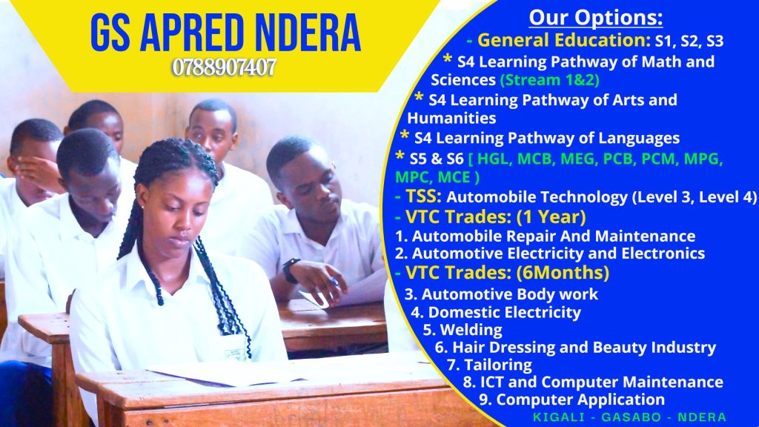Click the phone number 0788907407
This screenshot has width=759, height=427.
coord(224,67)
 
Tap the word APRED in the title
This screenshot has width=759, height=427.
coord(193,33)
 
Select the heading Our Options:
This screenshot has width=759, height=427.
coord(595,18)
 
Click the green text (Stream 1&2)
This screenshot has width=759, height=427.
coord(549,79)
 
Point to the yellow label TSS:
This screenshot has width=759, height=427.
coord(418,196)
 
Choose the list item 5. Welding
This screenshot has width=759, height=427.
coord(463,330)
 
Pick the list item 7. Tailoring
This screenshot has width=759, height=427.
coord(489,365)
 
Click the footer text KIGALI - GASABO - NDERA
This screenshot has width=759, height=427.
coord(629,417)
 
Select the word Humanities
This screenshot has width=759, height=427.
coord(451,118)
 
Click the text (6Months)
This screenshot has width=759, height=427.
coord(563,273)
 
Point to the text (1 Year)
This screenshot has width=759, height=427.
coord(551,217)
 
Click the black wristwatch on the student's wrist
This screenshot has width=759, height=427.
coord(290,270)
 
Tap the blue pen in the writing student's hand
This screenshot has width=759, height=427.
coord(334,281)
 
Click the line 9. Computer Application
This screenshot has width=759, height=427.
coord(571,400)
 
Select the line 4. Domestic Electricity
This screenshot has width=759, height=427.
coord(496,312)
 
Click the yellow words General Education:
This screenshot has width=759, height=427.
coord(564,40)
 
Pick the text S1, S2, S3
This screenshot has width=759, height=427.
coord(689,42)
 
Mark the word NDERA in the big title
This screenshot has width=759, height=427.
coord(308,33)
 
